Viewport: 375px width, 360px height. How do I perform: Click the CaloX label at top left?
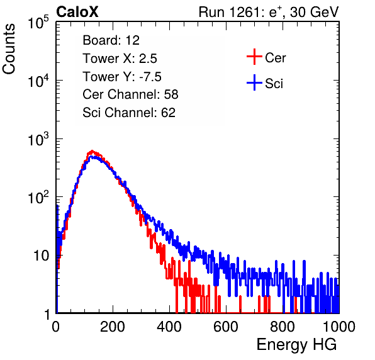point(77,12)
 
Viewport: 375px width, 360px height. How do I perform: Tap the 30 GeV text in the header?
point(314,13)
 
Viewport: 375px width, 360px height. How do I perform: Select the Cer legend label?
point(275,58)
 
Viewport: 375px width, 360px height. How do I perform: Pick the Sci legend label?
point(274,84)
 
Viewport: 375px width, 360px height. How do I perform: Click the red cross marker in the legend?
point(254,57)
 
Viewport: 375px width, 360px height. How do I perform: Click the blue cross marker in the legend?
point(254,82)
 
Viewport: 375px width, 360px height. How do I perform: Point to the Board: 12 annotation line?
point(111,40)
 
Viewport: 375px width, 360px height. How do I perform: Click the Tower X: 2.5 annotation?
point(120,59)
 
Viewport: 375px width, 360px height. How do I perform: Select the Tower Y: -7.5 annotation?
point(122,77)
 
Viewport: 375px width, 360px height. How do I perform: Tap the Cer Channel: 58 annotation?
point(130,94)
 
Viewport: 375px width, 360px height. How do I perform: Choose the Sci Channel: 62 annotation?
point(129,113)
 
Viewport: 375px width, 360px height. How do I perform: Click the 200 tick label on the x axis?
point(113,327)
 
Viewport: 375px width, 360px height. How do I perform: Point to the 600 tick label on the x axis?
point(226,327)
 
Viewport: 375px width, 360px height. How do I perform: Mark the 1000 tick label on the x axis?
point(339,327)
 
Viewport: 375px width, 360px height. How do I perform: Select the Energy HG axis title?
point(296,344)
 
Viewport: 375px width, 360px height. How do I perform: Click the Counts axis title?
point(9,49)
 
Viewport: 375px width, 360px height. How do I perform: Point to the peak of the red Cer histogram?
point(92,151)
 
